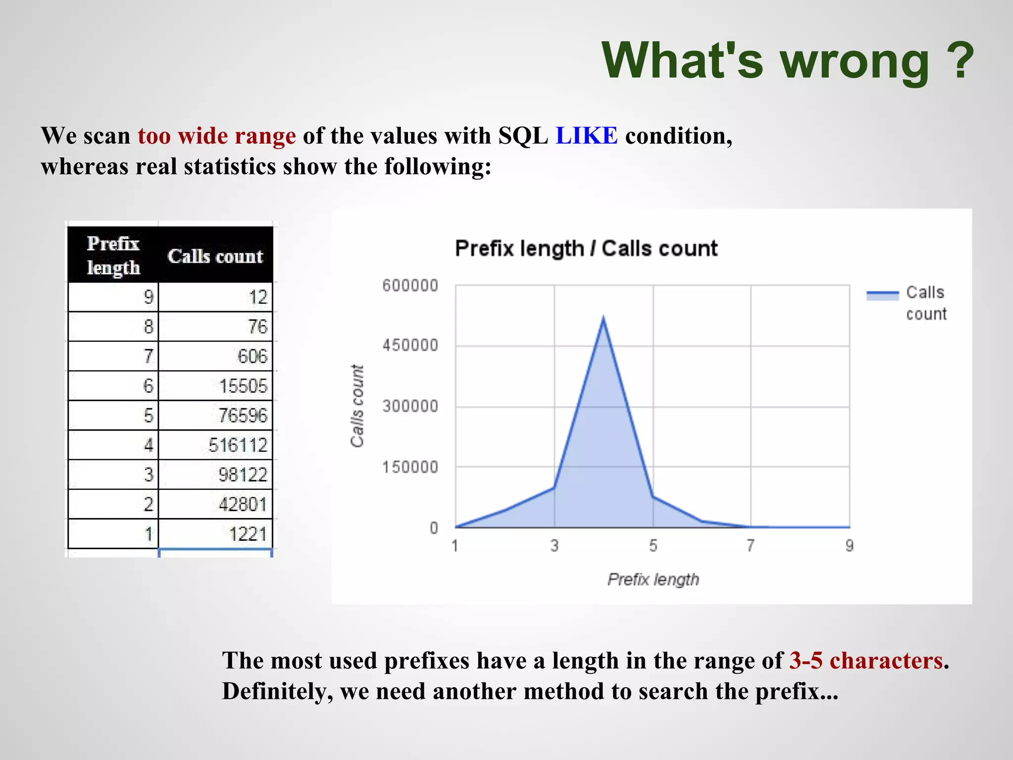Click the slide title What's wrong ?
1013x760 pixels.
click(x=787, y=60)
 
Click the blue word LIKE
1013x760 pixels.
click(x=586, y=136)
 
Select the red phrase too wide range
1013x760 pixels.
click(x=217, y=136)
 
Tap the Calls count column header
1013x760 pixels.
click(x=215, y=256)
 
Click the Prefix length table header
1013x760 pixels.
click(x=113, y=255)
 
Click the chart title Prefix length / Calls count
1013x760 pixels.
click(x=586, y=248)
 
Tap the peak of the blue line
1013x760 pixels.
click(x=603, y=318)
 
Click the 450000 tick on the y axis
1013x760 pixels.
click(x=410, y=345)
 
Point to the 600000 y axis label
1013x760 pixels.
click(x=410, y=285)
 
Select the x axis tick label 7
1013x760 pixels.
click(x=750, y=545)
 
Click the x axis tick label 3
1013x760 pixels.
click(x=554, y=545)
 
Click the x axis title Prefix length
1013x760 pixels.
click(x=653, y=579)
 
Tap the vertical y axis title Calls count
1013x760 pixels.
click(x=357, y=406)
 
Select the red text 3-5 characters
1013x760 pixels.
click(x=866, y=661)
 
